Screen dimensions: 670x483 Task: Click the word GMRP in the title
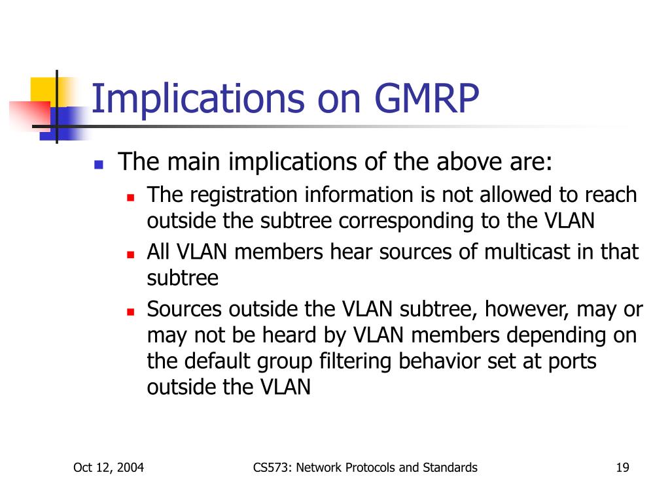427,99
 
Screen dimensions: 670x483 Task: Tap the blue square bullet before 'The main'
99,165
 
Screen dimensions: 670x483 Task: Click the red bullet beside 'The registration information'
131,197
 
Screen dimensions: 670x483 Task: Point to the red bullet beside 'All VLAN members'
131,255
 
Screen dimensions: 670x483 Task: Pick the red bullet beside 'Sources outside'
131,312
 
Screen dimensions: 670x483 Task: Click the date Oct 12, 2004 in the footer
109,467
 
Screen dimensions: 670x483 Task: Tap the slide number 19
623,467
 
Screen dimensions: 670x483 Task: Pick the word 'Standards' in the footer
450,467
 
